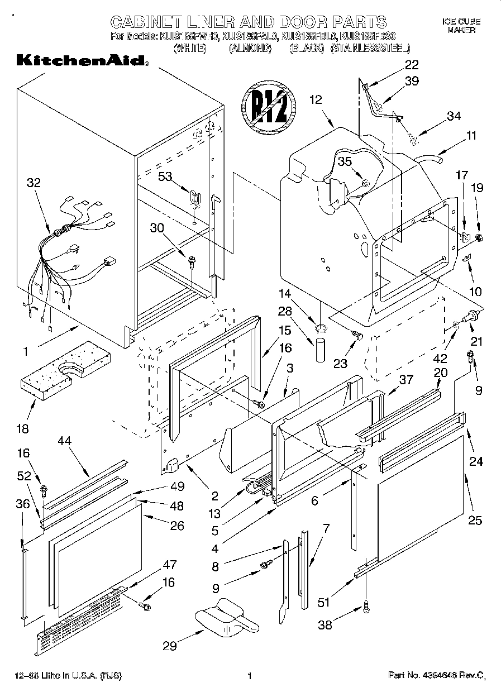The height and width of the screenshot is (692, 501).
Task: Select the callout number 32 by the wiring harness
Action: (34, 182)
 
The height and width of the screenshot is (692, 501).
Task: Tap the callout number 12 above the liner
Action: (316, 100)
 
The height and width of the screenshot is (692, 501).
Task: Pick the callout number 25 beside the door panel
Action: (475, 520)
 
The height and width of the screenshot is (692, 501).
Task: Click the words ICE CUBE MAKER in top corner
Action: (461, 26)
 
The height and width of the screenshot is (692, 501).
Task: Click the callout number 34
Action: (454, 116)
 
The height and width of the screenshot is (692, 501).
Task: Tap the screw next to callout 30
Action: (192, 260)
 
